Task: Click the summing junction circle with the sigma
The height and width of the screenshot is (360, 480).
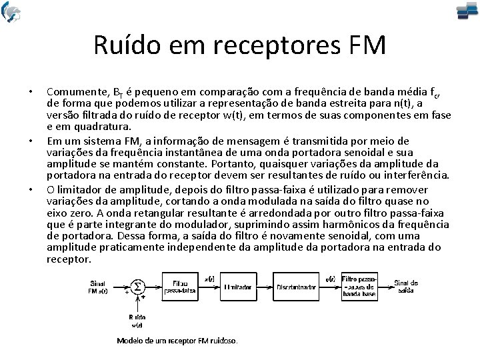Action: pyautogui.click(x=137, y=287)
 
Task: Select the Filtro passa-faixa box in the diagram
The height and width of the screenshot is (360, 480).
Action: pyautogui.click(x=180, y=287)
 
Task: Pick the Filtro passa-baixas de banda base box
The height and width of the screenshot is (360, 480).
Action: pyautogui.click(x=360, y=286)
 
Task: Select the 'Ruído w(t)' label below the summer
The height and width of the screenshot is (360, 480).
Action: pyautogui.click(x=137, y=321)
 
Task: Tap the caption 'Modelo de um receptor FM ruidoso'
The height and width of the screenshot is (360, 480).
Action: pyautogui.click(x=177, y=340)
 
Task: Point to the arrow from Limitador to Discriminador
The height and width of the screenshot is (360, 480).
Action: pyautogui.click(x=264, y=286)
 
